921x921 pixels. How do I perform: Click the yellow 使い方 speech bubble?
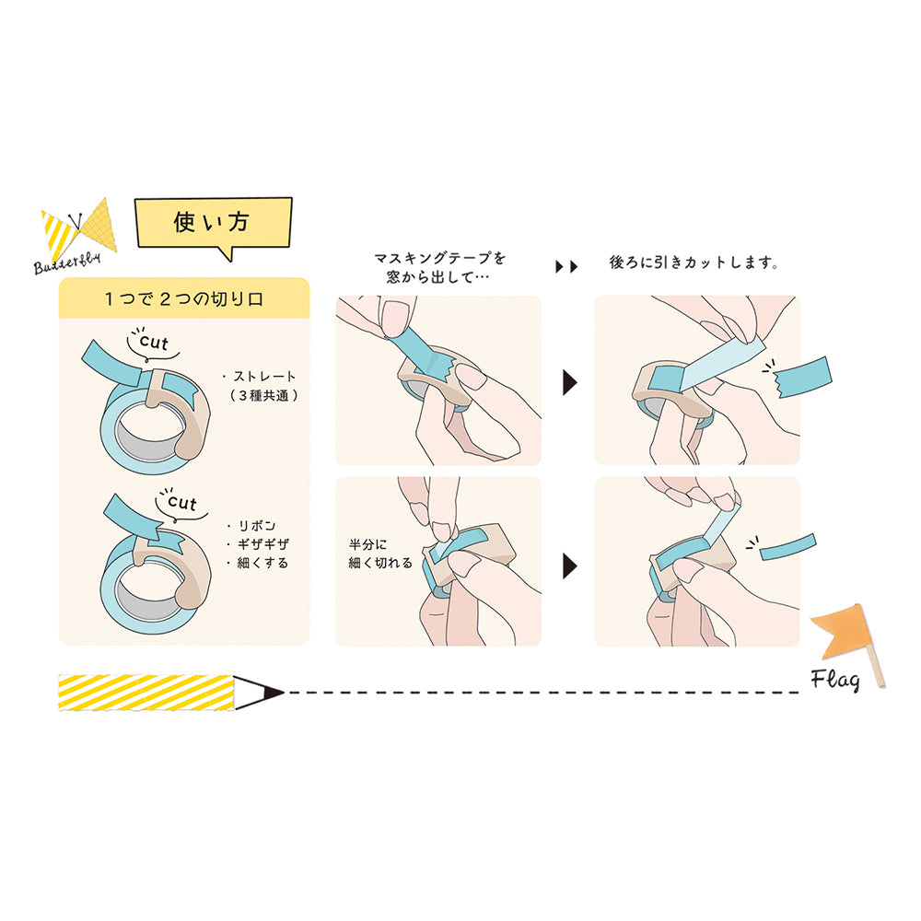point(214,224)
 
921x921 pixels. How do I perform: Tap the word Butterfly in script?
point(67,262)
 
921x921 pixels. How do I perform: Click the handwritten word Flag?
point(835,681)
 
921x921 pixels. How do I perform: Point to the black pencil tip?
point(274,693)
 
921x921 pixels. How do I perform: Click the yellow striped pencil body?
point(146,693)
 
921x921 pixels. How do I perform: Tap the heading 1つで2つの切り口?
point(184,299)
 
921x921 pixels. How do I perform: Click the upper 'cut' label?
point(154,342)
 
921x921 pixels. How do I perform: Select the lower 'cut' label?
point(182,502)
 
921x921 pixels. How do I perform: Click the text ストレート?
point(264,377)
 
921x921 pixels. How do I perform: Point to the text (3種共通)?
point(263,395)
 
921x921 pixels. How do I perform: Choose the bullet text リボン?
point(257,526)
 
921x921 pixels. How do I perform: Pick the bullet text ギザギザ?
point(263,544)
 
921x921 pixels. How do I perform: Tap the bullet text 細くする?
point(263,563)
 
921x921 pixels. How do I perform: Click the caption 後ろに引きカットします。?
point(694,262)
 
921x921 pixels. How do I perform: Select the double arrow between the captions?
point(566,267)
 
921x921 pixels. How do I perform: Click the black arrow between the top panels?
point(570,382)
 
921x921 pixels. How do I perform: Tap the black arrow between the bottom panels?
point(570,565)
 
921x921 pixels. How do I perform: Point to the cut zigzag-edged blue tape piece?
point(802,378)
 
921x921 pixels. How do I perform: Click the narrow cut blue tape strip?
point(788,547)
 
